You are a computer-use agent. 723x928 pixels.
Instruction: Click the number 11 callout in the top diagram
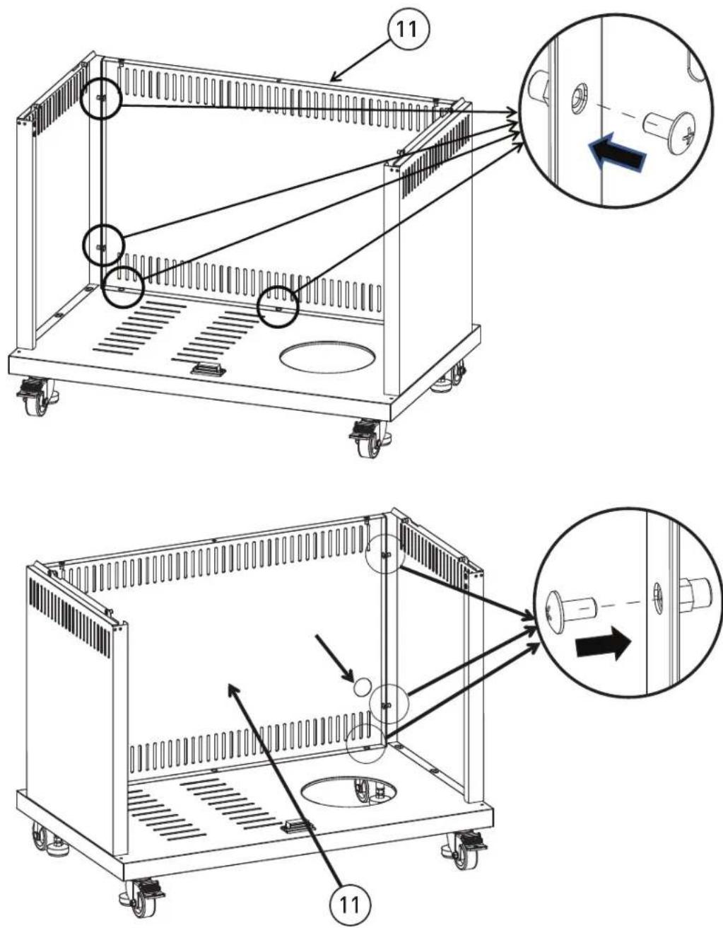coord(407,30)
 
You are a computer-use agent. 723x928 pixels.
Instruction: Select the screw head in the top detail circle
coord(683,133)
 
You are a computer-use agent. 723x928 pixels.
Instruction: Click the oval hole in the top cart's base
coord(328,357)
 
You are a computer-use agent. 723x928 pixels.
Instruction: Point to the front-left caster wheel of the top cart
coord(37,397)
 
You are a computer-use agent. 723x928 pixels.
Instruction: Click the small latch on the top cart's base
coord(208,369)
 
